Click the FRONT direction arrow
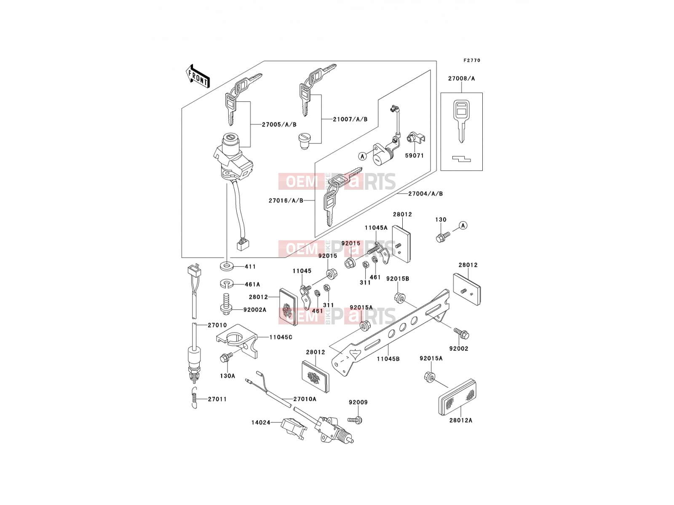coord(198,77)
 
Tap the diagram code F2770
coord(472,61)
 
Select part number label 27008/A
coord(461,79)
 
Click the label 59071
coord(414,155)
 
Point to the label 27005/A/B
coord(279,125)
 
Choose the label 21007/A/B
coord(350,119)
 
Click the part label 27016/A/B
coord(286,201)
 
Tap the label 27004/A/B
coord(425,194)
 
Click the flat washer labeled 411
coord(226,266)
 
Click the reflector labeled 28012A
coord(457,397)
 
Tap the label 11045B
coord(388,359)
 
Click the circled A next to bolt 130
coord(463,226)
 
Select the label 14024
coord(261,423)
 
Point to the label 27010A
coord(305,399)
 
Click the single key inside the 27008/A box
coord(461,121)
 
